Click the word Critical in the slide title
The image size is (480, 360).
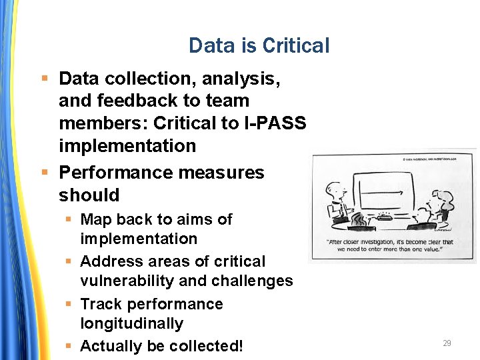pos(295,46)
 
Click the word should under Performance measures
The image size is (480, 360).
pos(89,195)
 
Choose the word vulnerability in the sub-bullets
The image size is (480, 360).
pos(127,281)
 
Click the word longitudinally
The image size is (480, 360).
pos(132,324)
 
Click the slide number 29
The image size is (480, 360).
pos(447,343)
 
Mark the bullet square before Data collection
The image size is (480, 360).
pos(44,79)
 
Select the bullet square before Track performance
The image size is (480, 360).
pos(68,305)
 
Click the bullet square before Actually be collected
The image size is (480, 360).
pos(68,347)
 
